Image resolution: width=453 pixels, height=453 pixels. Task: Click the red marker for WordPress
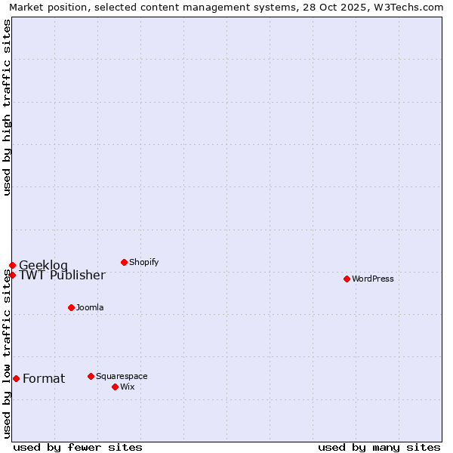click(347, 279)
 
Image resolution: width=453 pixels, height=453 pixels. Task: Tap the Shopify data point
click(124, 262)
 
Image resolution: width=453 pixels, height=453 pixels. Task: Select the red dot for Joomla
click(71, 307)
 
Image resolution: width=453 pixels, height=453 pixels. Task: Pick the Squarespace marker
click(91, 376)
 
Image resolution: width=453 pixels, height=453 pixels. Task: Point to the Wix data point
click(115, 387)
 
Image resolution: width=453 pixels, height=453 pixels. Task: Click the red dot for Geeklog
click(12, 265)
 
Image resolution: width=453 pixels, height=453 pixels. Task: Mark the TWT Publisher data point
click(12, 275)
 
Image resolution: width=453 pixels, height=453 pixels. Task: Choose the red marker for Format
click(16, 378)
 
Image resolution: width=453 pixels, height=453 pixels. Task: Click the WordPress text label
click(373, 279)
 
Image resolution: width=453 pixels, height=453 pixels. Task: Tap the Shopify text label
click(144, 262)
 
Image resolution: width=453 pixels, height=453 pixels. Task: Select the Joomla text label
click(90, 307)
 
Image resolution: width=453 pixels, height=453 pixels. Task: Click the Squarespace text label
click(122, 376)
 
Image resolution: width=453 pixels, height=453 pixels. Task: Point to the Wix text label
click(128, 387)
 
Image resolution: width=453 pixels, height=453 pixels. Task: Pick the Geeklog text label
click(43, 265)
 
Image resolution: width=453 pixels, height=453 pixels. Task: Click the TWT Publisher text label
click(62, 275)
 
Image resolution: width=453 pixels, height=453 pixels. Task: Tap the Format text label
click(44, 378)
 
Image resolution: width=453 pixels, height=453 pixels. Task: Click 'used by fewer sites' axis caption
click(78, 447)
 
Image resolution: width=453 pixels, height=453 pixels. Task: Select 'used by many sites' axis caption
click(379, 447)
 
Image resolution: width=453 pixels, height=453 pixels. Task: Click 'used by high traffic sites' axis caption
click(7, 107)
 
